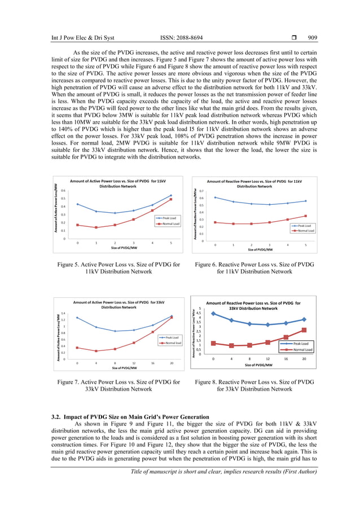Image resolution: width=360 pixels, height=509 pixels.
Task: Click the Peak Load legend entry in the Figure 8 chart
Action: point(301,343)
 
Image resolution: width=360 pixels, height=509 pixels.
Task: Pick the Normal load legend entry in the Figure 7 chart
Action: point(172,343)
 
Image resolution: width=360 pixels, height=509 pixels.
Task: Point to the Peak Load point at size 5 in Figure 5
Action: point(171,195)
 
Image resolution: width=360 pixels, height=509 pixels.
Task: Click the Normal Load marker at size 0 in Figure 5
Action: point(77,225)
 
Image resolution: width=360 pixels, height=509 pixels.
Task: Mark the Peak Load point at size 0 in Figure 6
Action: point(215,197)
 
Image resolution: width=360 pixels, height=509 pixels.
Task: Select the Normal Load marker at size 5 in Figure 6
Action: point(306,216)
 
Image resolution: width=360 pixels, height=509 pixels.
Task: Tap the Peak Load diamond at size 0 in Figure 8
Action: point(213,313)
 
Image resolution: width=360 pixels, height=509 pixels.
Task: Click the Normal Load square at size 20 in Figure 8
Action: point(304,330)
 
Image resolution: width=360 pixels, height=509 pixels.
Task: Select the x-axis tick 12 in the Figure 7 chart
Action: point(134,363)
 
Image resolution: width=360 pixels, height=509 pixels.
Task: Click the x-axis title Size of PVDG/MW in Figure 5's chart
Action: point(124,248)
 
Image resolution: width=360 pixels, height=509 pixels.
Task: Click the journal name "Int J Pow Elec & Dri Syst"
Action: point(83,38)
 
